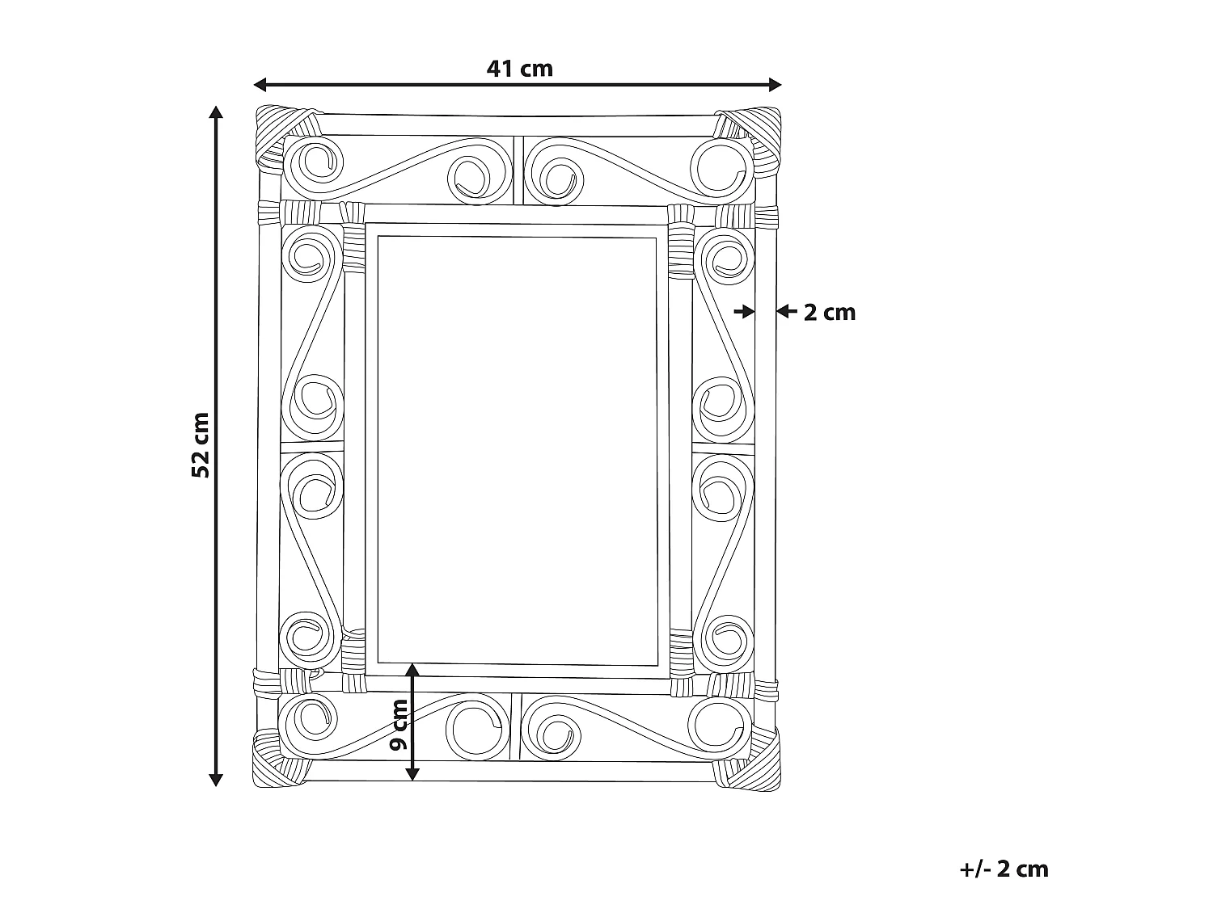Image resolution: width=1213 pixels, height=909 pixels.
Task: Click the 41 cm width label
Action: tap(519, 69)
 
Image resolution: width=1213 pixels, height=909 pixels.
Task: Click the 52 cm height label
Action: tap(201, 445)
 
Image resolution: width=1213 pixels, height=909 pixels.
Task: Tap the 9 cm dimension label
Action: tap(399, 725)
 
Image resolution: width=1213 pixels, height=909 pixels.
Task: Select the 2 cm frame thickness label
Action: tap(829, 313)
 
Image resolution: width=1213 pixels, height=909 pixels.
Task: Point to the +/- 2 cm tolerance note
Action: tap(1004, 869)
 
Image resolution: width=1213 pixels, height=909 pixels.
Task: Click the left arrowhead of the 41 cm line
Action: tap(260, 85)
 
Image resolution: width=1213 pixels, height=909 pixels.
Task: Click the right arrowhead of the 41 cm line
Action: tap(775, 85)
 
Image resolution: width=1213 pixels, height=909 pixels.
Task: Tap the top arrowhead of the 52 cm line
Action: tap(216, 112)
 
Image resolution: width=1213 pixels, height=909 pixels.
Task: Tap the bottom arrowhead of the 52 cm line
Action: tap(216, 780)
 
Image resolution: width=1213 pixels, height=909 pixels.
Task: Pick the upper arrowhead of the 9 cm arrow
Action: tap(412, 670)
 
